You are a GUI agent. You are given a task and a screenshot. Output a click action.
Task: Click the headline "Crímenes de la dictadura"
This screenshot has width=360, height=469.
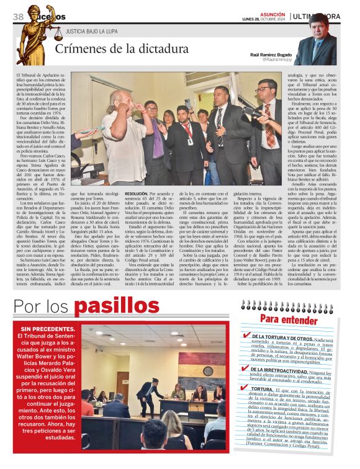tap(117, 50)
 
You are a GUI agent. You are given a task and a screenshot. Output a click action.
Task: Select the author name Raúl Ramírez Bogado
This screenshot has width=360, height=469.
tap(271, 55)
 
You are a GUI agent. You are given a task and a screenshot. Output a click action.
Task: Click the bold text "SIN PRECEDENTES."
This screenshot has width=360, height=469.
tap(50, 329)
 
